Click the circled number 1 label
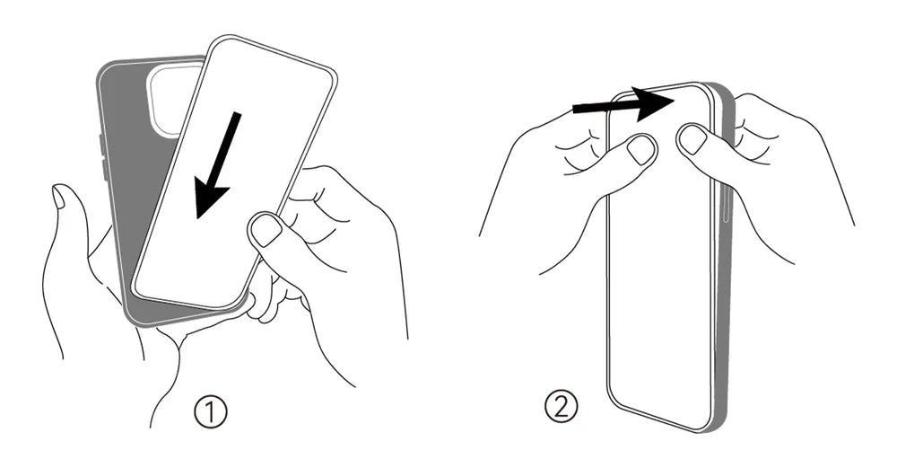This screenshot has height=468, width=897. tap(210, 412)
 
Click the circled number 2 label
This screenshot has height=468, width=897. tap(562, 406)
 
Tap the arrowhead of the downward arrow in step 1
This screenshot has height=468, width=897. tap(211, 195)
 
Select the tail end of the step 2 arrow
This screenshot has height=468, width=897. tap(574, 109)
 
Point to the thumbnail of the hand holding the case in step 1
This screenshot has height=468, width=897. tap(58, 196)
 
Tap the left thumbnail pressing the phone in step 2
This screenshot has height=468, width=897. tap(641, 150)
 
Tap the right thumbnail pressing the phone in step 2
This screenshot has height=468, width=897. tap(692, 139)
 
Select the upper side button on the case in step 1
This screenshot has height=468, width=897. tap(101, 145)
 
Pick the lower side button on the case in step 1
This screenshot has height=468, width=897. tap(104, 170)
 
